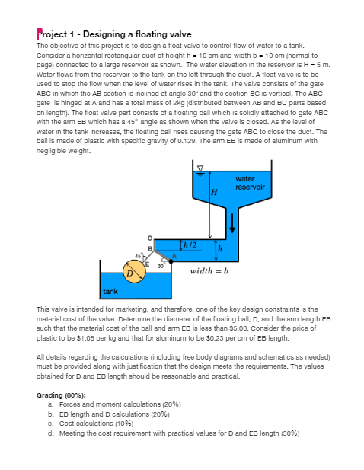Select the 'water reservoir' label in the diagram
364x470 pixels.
coord(250,184)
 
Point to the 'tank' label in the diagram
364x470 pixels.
coord(110,292)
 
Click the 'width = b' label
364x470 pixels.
coord(209,271)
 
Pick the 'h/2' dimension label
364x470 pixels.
coord(190,244)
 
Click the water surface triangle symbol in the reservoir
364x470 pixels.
coord(201,168)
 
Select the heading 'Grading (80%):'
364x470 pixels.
coord(65,395)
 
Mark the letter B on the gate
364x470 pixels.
coord(151,248)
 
